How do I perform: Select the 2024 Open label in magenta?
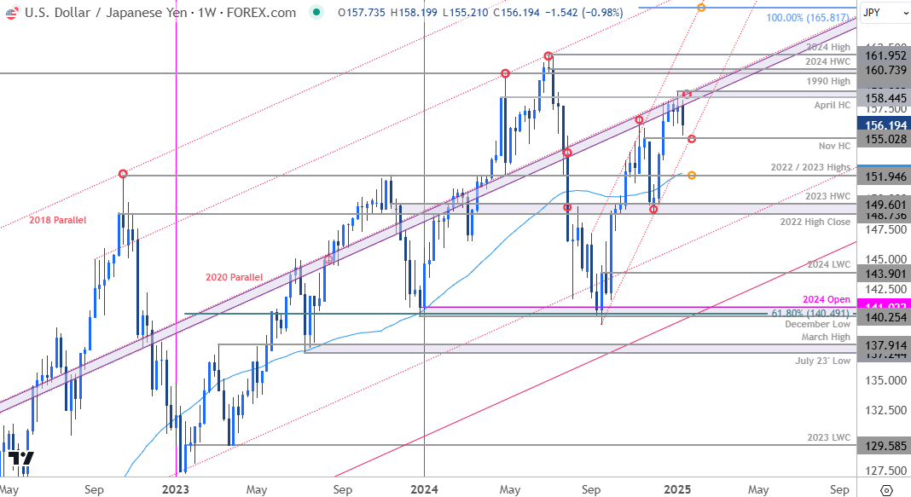pyautogui.click(x=827, y=300)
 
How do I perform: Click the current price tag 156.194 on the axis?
pyautogui.click(x=883, y=124)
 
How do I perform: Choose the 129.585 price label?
pyautogui.click(x=883, y=445)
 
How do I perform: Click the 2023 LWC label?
pyautogui.click(x=829, y=437)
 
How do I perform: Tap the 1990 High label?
pyautogui.click(x=829, y=81)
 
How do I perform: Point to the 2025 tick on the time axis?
pyautogui.click(x=677, y=490)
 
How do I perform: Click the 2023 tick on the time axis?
pyautogui.click(x=175, y=490)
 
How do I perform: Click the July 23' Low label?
pyautogui.click(x=824, y=361)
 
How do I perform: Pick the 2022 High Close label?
pyautogui.click(x=815, y=222)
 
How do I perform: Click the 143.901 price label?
pyautogui.click(x=883, y=273)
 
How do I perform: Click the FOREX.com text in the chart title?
pyautogui.click(x=265, y=13)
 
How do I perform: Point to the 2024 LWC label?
pyautogui.click(x=829, y=264)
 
